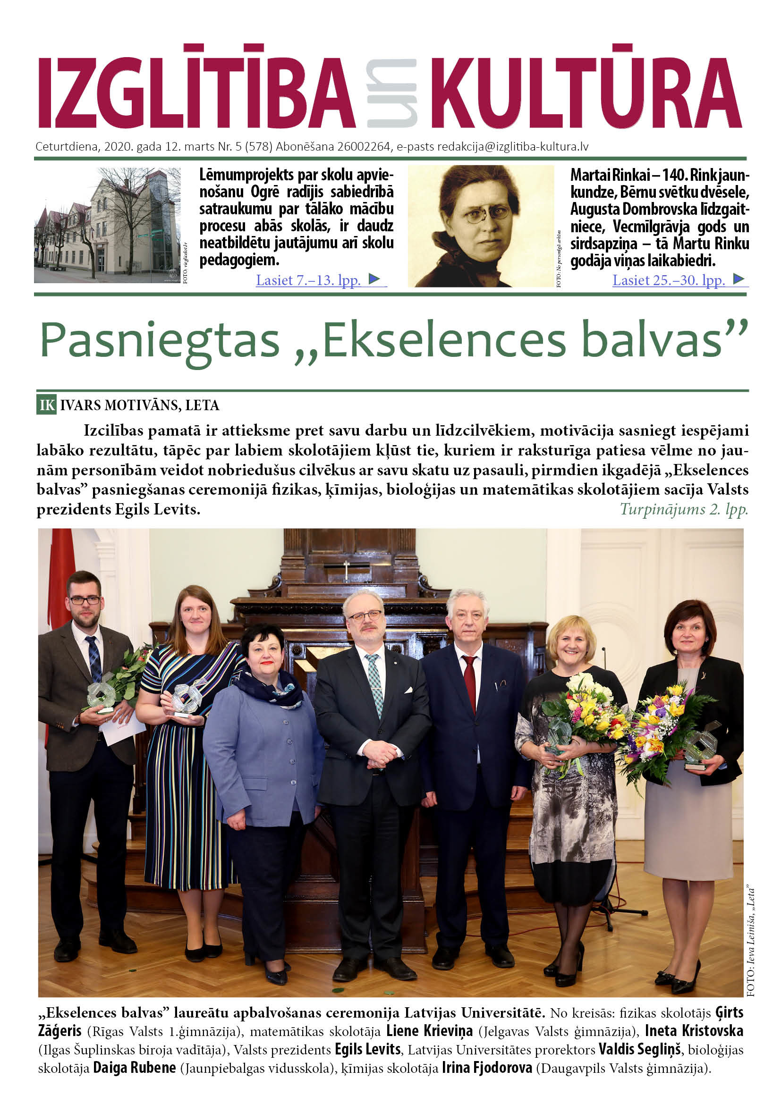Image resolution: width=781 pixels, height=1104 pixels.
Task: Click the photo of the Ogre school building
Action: click(x=107, y=225)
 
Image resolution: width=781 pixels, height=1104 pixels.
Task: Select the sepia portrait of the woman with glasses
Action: click(x=480, y=226)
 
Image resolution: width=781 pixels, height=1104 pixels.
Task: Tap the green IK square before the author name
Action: click(x=47, y=405)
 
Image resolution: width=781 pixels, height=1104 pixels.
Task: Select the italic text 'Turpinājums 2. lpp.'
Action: click(x=683, y=509)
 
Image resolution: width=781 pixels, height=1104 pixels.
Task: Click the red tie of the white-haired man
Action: click(x=469, y=683)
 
